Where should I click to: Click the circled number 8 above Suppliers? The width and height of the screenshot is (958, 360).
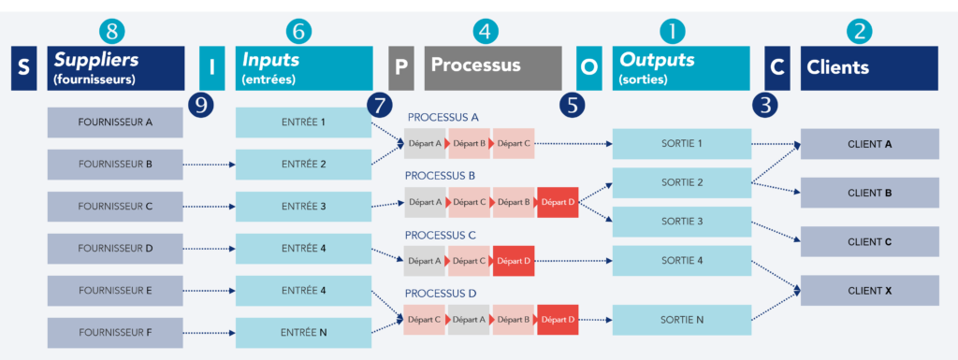111,31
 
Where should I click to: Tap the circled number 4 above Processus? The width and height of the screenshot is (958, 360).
484,31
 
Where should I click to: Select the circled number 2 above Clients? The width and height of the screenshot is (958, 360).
859,31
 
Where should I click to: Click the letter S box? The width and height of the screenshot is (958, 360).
23,68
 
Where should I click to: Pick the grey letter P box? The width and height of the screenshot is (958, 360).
400,68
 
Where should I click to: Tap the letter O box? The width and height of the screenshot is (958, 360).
588,68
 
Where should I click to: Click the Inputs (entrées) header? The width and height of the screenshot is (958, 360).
303,68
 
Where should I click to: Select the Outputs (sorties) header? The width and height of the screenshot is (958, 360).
680,68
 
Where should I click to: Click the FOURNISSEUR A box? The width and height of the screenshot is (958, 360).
116,122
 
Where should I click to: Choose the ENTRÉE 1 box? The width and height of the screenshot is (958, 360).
303,122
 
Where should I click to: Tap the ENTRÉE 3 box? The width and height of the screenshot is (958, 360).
303,206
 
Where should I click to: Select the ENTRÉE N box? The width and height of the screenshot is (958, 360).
303,332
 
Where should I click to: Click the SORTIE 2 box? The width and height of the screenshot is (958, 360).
681,182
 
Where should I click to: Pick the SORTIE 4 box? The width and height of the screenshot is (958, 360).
681,260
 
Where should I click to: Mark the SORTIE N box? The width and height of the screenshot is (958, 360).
681,320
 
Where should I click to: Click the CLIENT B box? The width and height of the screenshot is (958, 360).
869,194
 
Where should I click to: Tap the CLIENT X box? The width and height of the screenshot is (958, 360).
869,291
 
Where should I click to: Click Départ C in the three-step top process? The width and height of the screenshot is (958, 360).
514,143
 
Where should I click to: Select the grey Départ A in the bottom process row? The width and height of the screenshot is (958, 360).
469,320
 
